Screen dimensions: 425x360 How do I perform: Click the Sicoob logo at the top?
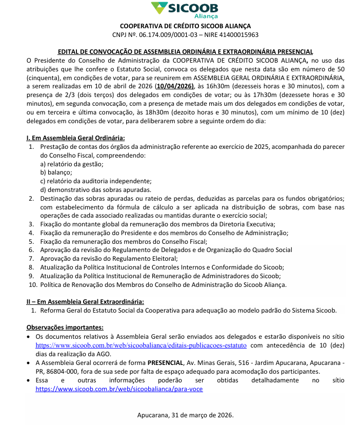pos(185,10)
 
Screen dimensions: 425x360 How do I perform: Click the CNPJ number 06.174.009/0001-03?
pos(163,35)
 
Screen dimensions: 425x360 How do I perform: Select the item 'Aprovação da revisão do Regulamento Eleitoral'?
pos(109,259)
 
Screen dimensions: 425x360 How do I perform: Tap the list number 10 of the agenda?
pos(33,284)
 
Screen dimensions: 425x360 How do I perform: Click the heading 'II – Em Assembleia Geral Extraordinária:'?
pos(85,301)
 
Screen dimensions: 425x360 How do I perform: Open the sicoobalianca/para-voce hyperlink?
pos(119,389)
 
